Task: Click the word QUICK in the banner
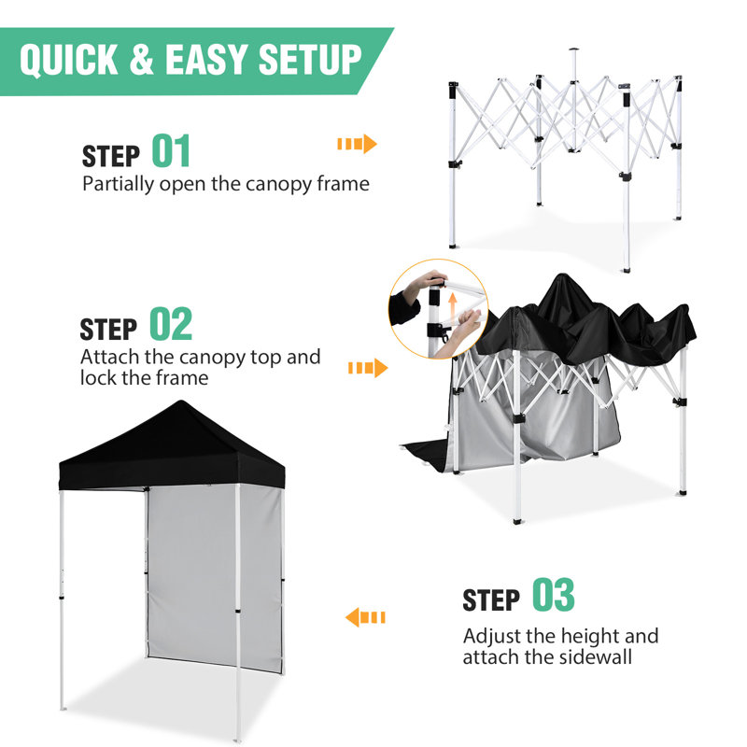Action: tap(68, 60)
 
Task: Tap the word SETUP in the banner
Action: tap(310, 60)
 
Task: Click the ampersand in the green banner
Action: tap(142, 60)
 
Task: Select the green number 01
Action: tap(171, 150)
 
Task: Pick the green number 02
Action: tap(171, 323)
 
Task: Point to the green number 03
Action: tap(554, 594)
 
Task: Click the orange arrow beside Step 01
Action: tap(358, 144)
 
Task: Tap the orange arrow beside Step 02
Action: tap(368, 368)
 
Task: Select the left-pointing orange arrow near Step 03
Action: tap(365, 617)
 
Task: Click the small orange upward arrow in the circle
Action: tap(453, 305)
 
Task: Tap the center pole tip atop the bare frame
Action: tap(574, 49)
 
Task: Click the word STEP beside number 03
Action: tap(491, 599)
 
